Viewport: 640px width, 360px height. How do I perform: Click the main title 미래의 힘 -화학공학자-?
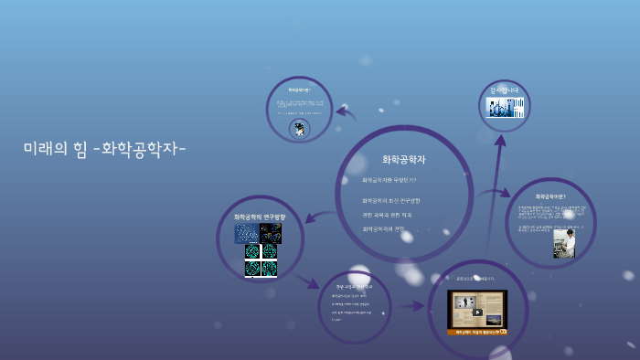click(105, 147)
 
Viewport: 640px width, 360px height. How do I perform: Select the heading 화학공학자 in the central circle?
click(403, 159)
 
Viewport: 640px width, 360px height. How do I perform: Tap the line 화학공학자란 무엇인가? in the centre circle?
click(389, 180)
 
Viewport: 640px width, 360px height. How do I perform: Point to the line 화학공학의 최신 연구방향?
click(391, 200)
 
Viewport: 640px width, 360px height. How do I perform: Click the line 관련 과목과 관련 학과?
click(387, 215)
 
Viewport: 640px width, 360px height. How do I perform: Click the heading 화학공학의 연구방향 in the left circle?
click(260, 217)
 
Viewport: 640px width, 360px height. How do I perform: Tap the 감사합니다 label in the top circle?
click(504, 90)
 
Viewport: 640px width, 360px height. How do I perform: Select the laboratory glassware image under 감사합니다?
click(505, 108)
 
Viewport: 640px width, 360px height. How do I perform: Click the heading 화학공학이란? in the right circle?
click(550, 196)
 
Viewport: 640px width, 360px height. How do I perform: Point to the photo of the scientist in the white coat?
click(564, 243)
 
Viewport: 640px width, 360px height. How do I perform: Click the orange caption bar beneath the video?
click(477, 333)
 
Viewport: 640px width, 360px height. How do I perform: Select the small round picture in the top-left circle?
click(298, 129)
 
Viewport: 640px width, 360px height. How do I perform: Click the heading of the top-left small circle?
click(299, 90)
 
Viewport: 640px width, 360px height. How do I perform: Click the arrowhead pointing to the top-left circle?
click(340, 113)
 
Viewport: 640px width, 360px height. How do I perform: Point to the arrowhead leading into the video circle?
click(420, 307)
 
